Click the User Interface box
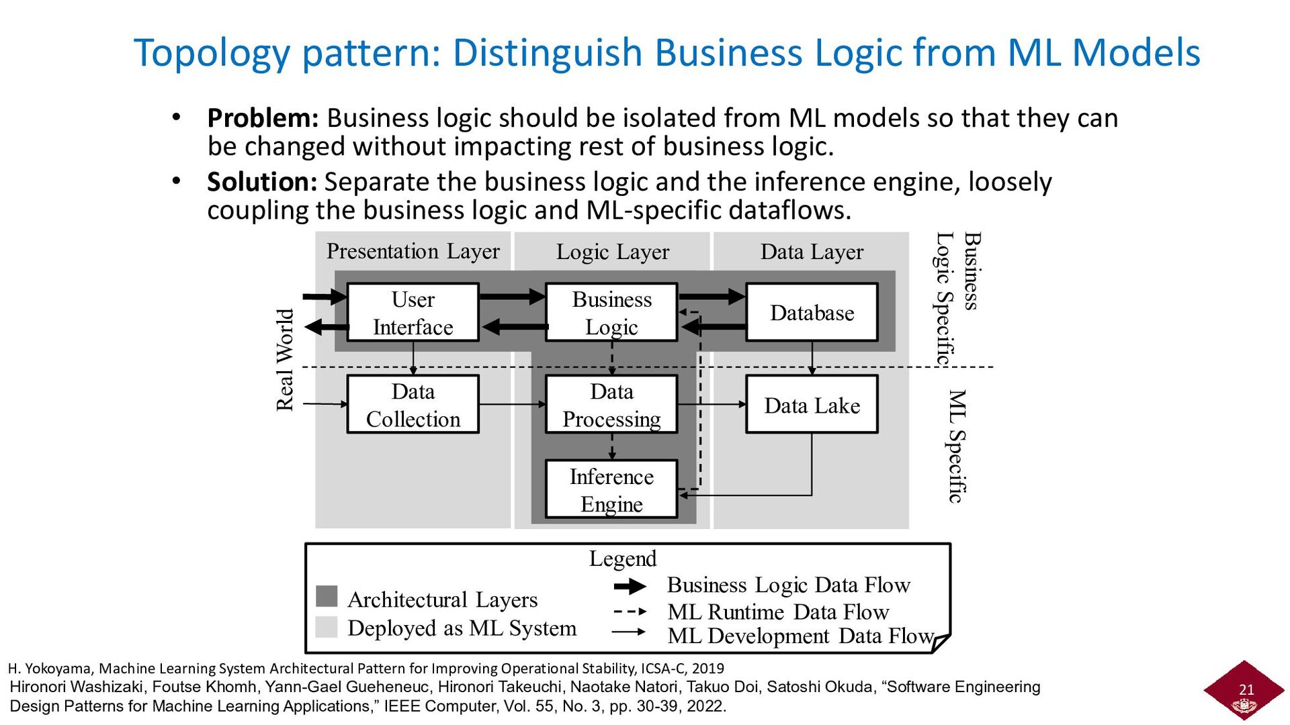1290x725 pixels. pos(413,313)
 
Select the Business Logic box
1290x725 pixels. pos(611,313)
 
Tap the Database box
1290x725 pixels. pos(812,313)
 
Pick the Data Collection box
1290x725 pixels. pos(413,405)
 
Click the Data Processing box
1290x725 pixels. pos(611,405)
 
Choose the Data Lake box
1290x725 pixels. pos(812,405)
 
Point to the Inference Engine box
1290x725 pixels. pos(611,490)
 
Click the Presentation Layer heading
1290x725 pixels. pos(413,252)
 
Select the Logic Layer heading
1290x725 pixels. pos(612,252)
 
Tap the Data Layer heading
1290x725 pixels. pos(812,252)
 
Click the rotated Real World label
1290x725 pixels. pos(286,360)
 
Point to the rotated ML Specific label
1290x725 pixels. pos(957,446)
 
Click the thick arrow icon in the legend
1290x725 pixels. pos(630,587)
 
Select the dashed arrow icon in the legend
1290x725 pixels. pos(630,612)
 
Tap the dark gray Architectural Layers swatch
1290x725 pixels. pos(327,596)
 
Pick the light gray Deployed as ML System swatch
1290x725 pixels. pos(327,627)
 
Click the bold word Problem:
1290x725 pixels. pos(263,119)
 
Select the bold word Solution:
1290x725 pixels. pos(262,183)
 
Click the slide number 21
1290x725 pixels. pos(1246,689)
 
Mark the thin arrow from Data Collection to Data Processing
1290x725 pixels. pos(512,404)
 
